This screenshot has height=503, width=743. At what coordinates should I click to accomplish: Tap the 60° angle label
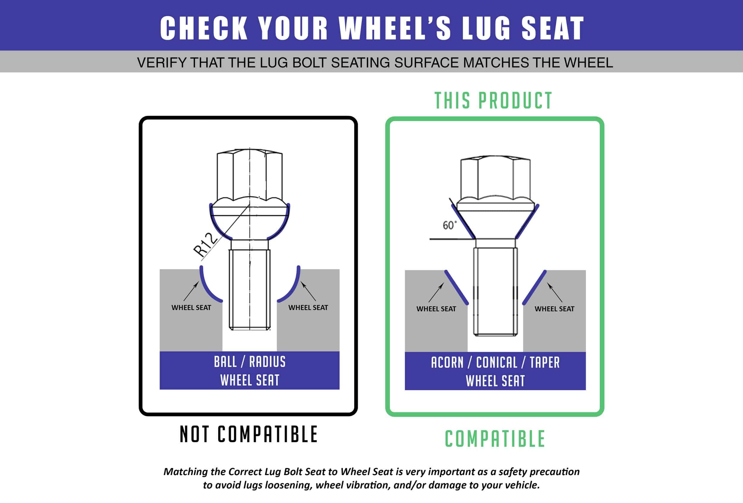[449, 225]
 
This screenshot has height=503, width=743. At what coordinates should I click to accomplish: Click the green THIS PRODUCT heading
[493, 101]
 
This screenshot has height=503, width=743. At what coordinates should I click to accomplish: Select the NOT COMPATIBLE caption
[249, 434]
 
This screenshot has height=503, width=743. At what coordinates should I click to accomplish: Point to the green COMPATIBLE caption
[495, 439]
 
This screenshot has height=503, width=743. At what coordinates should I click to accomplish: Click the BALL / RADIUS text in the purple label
[250, 362]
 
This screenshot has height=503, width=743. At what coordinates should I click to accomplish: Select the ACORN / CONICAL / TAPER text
[495, 363]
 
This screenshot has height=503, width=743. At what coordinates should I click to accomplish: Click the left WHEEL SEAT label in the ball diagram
[191, 308]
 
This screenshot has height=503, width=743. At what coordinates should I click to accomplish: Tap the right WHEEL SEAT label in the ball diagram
[308, 308]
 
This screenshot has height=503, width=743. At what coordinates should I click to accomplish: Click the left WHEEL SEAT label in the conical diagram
[436, 309]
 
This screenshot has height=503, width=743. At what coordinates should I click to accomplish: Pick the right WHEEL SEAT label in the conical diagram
[554, 309]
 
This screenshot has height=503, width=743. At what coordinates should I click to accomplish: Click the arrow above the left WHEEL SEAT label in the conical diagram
[436, 292]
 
